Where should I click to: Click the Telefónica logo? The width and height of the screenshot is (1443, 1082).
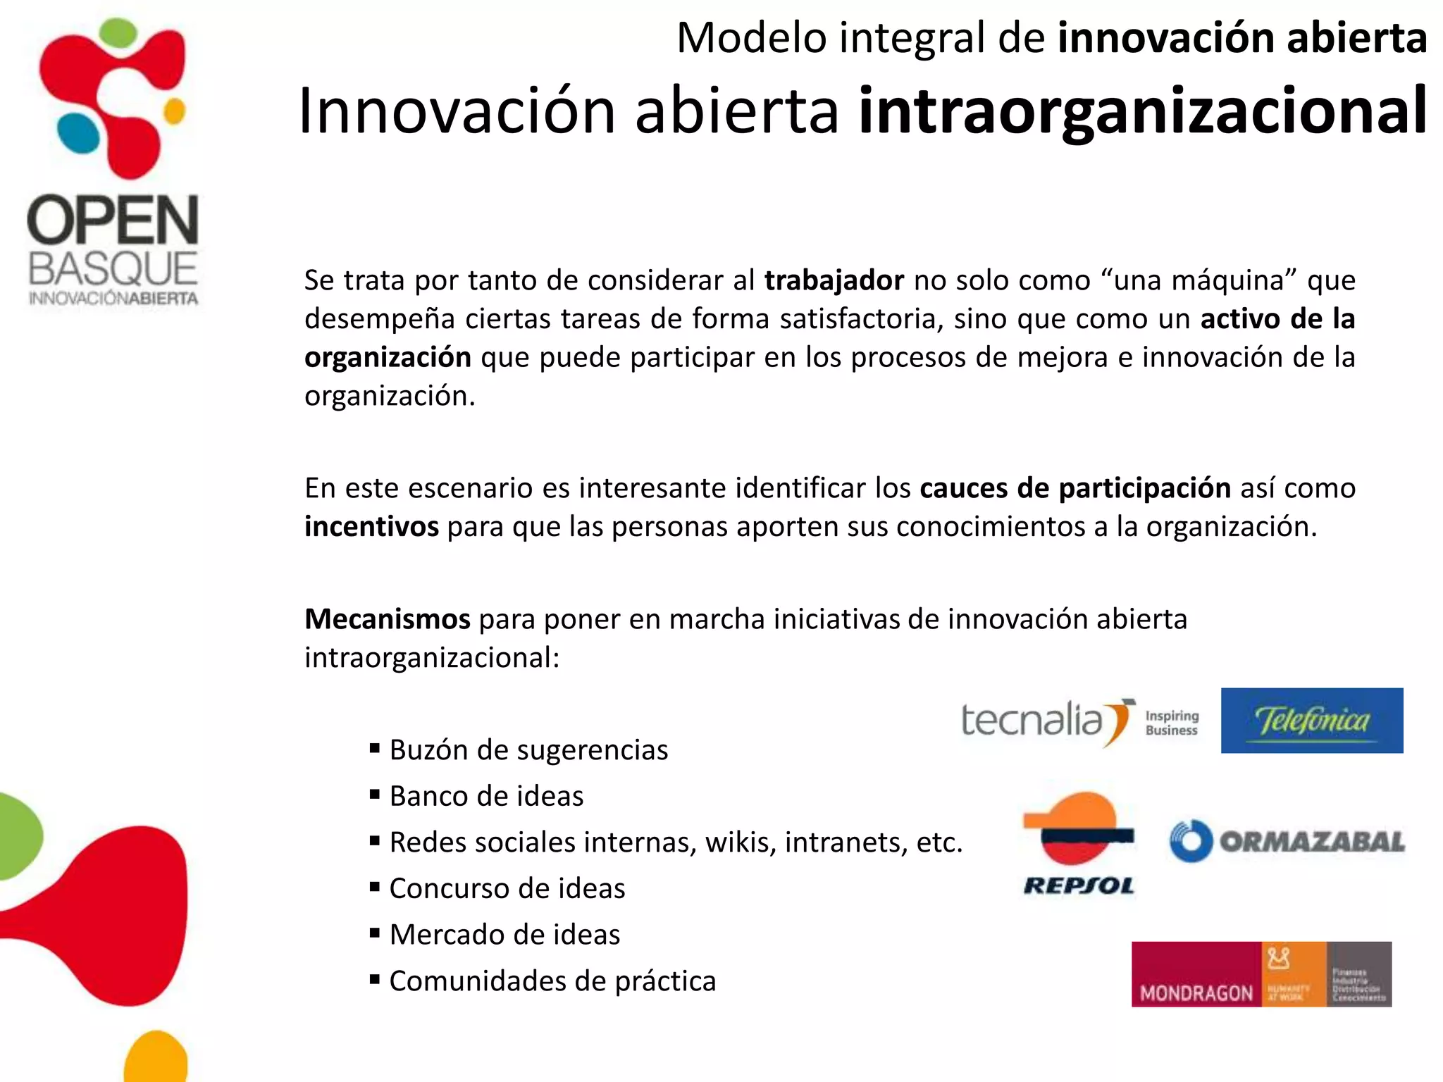pos(1311,721)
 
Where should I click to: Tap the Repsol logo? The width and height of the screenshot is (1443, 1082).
pos(1079,843)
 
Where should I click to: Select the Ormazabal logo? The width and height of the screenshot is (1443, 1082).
pos(1287,841)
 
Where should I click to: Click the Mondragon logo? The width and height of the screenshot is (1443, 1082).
pos(1261,974)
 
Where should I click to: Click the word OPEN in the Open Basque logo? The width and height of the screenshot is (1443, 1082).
pos(113,220)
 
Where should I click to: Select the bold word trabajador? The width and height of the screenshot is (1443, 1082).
pos(834,280)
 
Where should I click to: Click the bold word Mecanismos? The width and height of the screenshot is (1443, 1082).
pos(387,619)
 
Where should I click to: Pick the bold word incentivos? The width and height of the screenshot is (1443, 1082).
pos(371,526)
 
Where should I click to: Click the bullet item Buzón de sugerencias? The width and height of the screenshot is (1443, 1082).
pos(528,750)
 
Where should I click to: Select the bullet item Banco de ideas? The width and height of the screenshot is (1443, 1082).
pos(486,796)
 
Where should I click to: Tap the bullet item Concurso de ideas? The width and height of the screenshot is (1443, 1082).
pos(507,888)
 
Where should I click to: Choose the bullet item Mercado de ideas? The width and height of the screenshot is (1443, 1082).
pos(504,935)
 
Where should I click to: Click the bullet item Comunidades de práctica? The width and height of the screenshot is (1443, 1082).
pos(552,981)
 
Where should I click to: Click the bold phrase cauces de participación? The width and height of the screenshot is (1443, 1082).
pos(1075,487)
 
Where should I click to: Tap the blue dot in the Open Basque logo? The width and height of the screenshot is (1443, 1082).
pos(78,133)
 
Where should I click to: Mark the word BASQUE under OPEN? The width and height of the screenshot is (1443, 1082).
pos(113,269)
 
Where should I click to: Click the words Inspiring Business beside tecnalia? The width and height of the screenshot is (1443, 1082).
pos(1172,723)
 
